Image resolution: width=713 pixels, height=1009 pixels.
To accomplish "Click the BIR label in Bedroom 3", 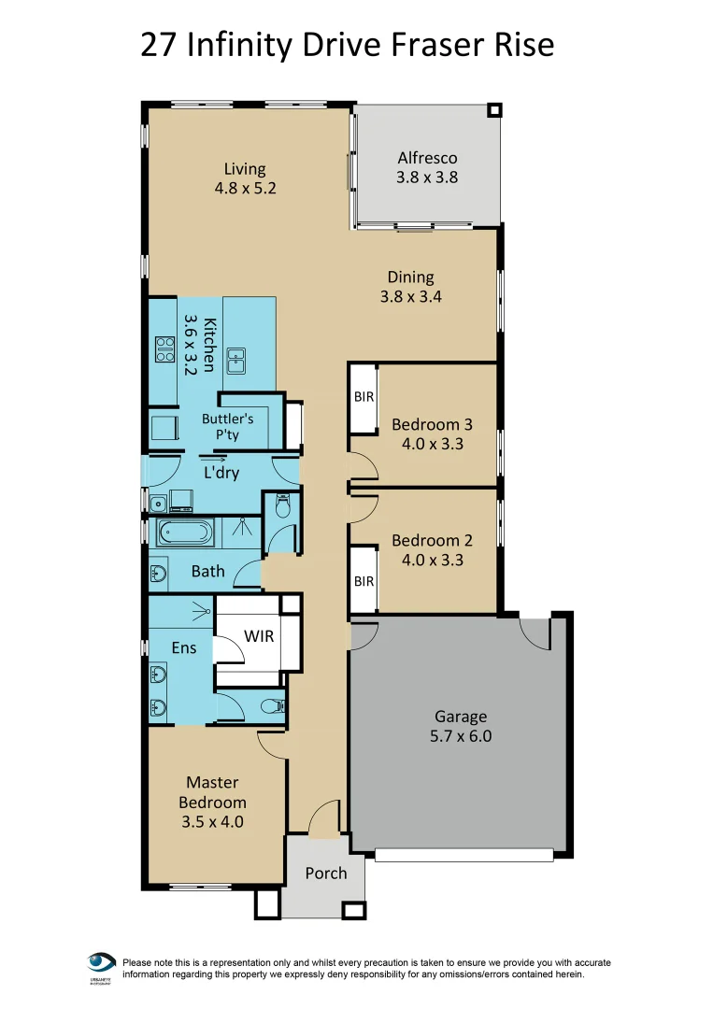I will [x=364, y=397].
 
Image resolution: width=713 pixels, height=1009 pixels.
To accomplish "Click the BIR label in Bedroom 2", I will [x=364, y=581].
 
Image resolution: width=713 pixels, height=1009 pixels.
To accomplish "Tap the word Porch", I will [x=325, y=874].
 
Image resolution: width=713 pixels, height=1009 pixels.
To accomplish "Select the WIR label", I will [x=259, y=636].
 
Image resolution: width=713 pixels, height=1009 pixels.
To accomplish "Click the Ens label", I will [x=184, y=647].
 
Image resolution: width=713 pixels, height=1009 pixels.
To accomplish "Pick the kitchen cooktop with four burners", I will [x=165, y=349].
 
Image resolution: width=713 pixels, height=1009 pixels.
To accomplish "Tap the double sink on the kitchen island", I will [x=235, y=356].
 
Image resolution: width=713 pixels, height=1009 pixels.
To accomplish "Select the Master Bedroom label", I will [x=213, y=802].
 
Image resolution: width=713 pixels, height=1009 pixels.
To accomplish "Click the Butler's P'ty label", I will [x=227, y=427].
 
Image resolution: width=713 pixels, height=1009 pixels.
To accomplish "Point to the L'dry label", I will [x=221, y=473].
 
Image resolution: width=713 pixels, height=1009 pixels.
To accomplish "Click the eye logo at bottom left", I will [x=101, y=963].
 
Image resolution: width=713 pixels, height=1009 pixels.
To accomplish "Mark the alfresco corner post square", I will [x=495, y=109].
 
